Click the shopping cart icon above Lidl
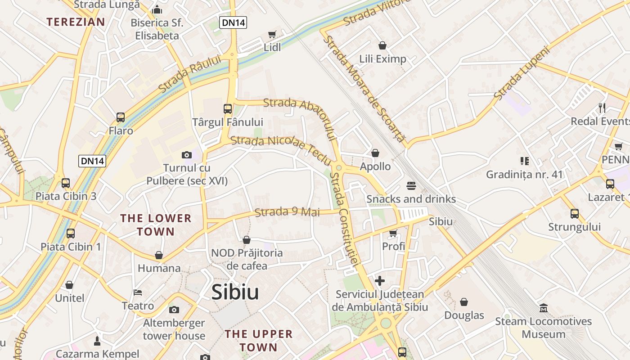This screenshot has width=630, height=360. [272, 35]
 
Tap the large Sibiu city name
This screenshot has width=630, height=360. [235, 292]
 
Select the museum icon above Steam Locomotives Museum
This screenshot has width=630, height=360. [543, 308]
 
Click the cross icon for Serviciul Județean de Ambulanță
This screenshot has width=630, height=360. [380, 281]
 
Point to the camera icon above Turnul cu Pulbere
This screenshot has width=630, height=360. [187, 155]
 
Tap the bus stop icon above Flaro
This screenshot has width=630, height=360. [121, 117]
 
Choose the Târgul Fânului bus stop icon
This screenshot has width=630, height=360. [228, 109]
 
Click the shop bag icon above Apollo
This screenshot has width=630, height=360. [375, 153]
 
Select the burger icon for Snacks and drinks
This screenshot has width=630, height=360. [411, 185]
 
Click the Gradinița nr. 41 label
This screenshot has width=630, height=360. [524, 174]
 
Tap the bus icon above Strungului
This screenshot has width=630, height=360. [575, 214]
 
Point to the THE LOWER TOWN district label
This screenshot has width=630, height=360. [156, 225]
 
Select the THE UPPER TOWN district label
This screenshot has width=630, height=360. [259, 341]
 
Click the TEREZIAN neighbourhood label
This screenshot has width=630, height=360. [76, 22]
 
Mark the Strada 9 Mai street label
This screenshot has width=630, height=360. [287, 212]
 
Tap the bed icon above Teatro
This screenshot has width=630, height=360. [138, 292]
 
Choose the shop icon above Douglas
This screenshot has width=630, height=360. [464, 302]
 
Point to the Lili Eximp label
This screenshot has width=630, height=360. [382, 59]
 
